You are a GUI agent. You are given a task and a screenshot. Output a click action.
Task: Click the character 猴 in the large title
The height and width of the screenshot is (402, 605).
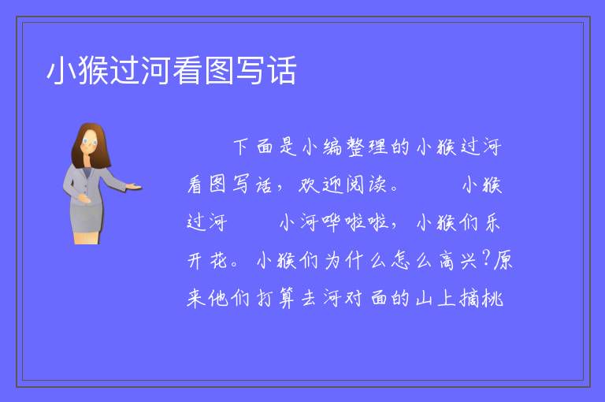click(94, 70)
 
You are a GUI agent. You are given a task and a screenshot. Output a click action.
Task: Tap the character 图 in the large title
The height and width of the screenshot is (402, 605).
click(219, 70)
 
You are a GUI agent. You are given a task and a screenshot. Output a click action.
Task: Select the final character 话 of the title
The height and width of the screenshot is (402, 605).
click(282, 70)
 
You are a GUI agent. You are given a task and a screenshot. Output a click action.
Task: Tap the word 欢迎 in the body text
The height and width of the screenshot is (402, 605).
click(321, 184)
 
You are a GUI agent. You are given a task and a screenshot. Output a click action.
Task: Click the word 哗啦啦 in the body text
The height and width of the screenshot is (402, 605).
click(355, 223)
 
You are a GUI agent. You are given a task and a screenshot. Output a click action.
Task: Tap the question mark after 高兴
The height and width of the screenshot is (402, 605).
click(486, 259)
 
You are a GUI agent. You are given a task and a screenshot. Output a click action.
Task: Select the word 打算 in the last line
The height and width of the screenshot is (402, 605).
click(276, 298)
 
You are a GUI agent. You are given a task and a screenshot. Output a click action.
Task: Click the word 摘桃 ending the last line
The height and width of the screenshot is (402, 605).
click(481, 298)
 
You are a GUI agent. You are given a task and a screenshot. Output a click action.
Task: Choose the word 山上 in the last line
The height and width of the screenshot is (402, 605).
click(436, 298)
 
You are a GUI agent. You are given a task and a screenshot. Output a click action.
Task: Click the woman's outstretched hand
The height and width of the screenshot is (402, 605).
click(134, 187)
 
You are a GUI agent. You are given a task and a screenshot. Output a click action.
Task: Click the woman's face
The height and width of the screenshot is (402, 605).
click(90, 140)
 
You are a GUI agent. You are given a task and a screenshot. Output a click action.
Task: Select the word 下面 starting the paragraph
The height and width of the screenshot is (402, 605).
click(253, 147)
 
